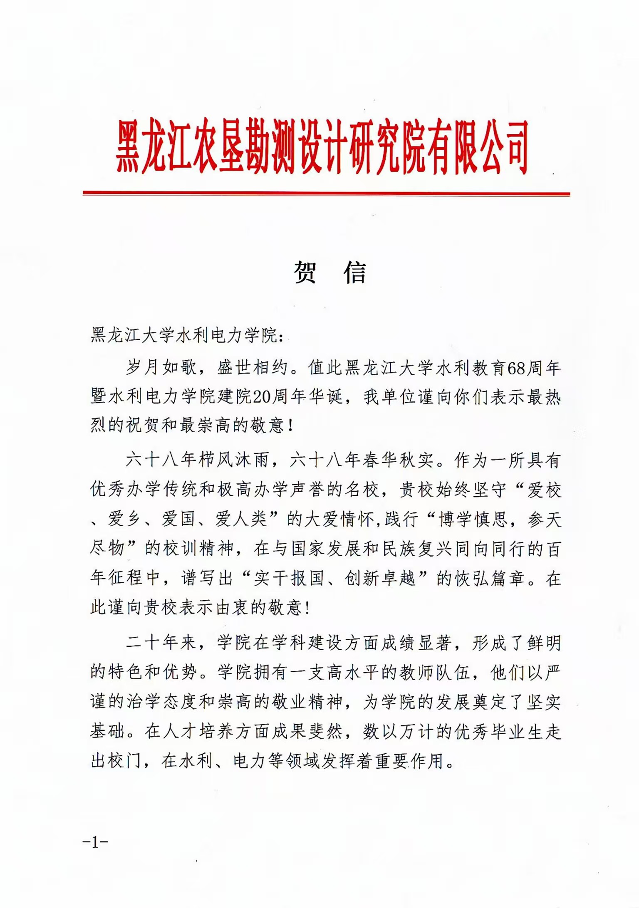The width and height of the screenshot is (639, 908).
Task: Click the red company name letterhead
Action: click(x=322, y=146)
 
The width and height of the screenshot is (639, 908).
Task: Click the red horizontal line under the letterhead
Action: click(x=326, y=193)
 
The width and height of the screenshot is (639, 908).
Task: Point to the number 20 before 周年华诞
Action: click(x=262, y=397)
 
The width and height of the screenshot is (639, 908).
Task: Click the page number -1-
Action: click(x=95, y=842)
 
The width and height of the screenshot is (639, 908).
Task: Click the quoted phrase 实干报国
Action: click(x=289, y=579)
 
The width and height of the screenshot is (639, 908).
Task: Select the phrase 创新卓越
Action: click(x=380, y=579)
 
